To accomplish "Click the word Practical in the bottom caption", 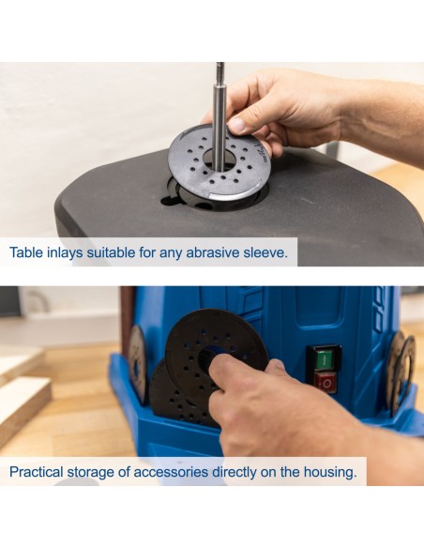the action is coord(37,472).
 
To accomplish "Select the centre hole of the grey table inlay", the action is coord(220,160).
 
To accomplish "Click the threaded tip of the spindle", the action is coord(220,74).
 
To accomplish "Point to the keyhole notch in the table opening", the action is coord(169,202).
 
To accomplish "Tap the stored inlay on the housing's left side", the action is coord(138,363).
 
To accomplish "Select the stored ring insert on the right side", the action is coord(402,374).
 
